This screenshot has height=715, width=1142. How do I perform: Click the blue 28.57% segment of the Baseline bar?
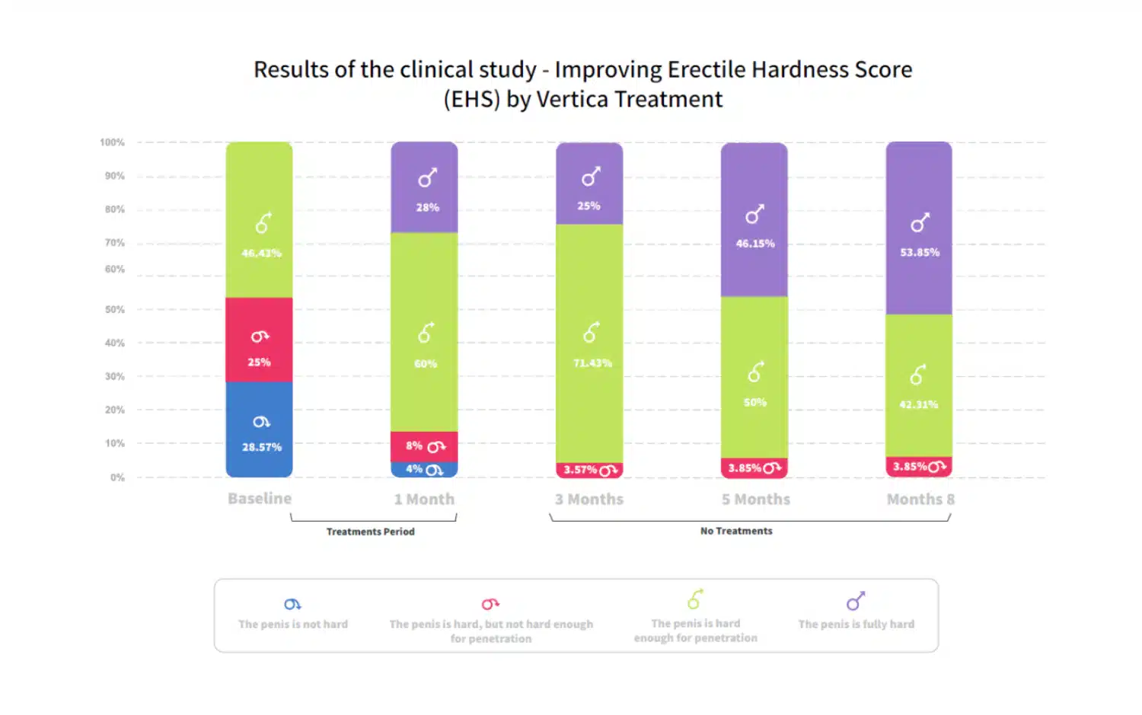pos(259,429)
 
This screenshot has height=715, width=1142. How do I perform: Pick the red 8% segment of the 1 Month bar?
pos(424,447)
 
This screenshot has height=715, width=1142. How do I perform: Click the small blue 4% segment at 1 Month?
pos(424,470)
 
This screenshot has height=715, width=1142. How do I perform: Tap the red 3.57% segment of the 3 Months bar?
pos(589,471)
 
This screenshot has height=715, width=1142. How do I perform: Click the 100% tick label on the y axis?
pos(112,142)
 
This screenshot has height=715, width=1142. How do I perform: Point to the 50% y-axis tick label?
pos(114,310)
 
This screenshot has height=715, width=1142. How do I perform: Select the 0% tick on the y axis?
pos(117,477)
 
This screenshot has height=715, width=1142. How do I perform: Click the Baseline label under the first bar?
pos(260,499)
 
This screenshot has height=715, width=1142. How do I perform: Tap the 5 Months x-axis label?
pos(756,500)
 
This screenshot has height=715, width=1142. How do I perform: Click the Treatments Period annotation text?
pos(371,531)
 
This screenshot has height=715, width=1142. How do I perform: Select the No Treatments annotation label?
pos(736,531)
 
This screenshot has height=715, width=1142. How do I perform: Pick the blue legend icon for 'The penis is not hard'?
pos(292,605)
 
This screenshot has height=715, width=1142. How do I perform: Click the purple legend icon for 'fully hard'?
pos(856,602)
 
